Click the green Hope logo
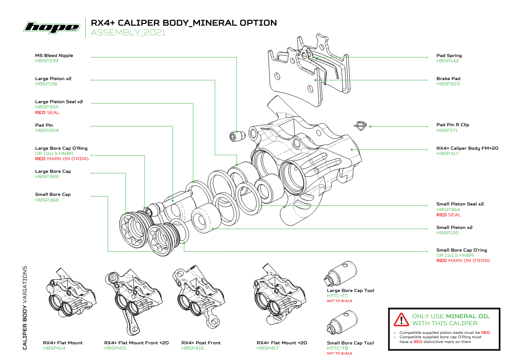coord(52,27)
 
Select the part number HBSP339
coord(47,61)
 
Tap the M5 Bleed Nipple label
coord(54,56)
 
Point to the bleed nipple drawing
coord(236,136)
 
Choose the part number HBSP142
coord(447,61)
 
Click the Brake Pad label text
coord(448,79)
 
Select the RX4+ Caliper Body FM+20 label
coord(467,148)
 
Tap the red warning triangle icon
coord(400,320)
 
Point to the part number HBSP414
coord(54,348)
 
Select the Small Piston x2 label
coord(454,228)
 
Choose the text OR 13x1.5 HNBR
coord(54,154)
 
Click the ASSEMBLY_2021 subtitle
coord(128,33)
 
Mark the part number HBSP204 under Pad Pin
coord(47,131)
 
